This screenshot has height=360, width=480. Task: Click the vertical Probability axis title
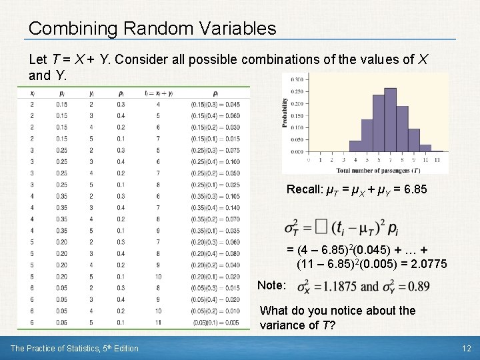(x=285, y=122)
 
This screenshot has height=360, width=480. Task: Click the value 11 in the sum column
(x=158, y=323)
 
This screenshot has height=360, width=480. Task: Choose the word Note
(x=271, y=285)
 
